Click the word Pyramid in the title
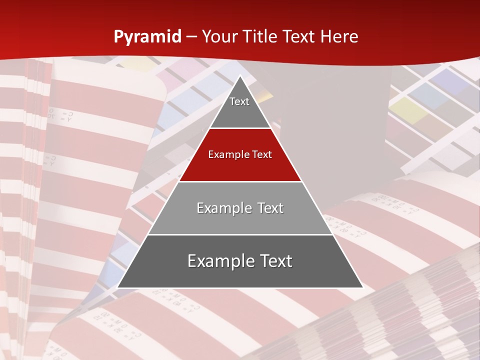tap(147, 37)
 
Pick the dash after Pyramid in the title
tap(191, 37)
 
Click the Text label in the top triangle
tap(239, 101)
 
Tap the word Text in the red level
tap(262, 154)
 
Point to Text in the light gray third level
tap(270, 208)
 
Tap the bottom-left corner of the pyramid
tap(118, 287)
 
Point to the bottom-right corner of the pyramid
tap(362, 287)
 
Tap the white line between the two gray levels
tap(240, 234)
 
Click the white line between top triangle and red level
tap(240, 128)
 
